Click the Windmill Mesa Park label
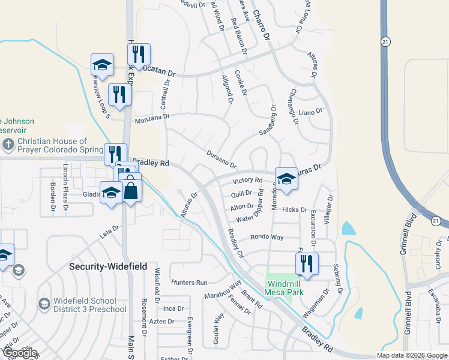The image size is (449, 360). click(285, 287)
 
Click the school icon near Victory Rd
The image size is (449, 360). click(286, 179)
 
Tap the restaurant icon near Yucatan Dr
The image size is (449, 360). click(139, 54)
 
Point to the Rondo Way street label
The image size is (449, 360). click(267, 237)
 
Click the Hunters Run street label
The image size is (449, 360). click(189, 282)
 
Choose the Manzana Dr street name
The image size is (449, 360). click(152, 118)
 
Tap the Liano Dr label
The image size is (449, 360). click(310, 112)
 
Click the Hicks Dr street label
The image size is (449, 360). click(295, 209)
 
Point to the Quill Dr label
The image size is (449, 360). click(241, 193)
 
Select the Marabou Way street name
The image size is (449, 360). click(223, 288)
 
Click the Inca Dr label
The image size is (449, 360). click(173, 308)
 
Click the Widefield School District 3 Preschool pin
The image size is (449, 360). click(44, 305)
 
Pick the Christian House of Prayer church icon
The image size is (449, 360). click(8, 144)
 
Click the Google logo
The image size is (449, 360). click(20, 353)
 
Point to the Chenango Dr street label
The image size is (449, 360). click(294, 106)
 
